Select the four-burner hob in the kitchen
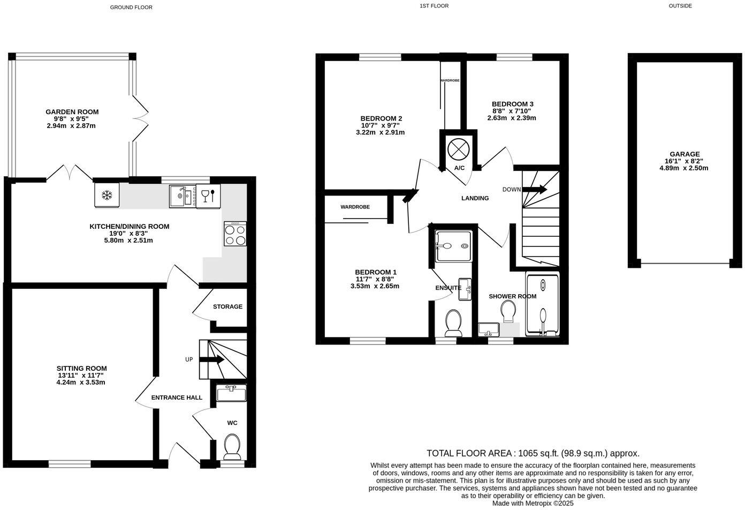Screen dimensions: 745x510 [x=235, y=234]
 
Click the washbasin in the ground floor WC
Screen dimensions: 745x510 [x=232, y=393]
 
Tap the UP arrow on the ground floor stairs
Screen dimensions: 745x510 [x=212, y=360]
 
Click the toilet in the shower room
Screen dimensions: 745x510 [x=508, y=311]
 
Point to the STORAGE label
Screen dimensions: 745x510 [x=227, y=307]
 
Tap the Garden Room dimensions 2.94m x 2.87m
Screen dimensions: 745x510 [x=71, y=126]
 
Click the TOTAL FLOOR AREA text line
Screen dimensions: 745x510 [x=533, y=453]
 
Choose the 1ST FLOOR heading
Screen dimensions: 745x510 [x=434, y=6]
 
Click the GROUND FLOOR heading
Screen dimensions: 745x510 [x=131, y=7]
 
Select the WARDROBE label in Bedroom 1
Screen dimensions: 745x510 [x=355, y=207]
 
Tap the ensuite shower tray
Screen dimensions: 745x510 [x=453, y=246]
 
